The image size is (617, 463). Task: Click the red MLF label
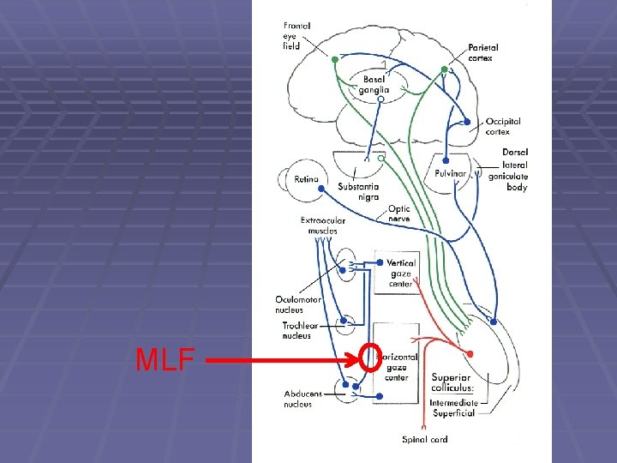(x=165, y=360)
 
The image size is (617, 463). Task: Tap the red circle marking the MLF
(x=370, y=358)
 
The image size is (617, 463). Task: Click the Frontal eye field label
(x=297, y=37)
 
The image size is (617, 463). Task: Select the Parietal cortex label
(x=483, y=52)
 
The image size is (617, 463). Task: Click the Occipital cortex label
(x=502, y=127)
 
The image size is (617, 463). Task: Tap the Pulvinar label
(x=450, y=174)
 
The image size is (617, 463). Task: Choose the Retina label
(x=306, y=179)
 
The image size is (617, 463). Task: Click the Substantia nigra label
(x=358, y=192)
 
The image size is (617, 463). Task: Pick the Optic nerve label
(x=398, y=213)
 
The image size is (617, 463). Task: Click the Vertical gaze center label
(x=401, y=274)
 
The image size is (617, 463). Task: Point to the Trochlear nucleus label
(x=303, y=331)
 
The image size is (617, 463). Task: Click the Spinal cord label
(x=425, y=440)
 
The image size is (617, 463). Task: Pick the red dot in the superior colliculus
(x=470, y=353)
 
